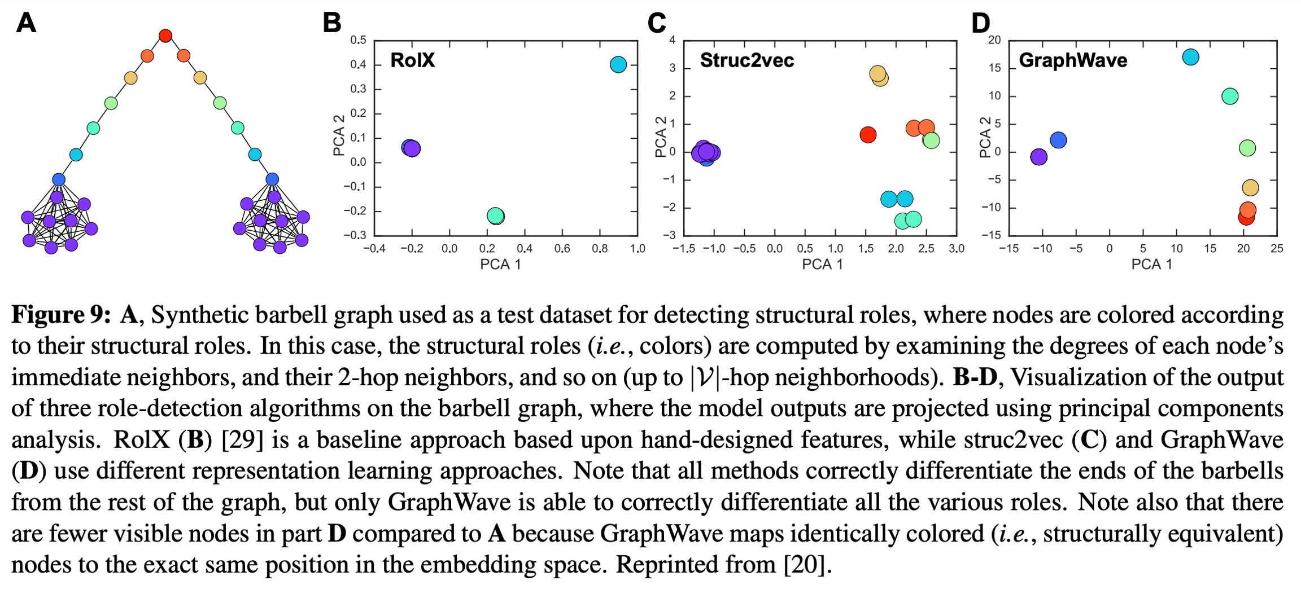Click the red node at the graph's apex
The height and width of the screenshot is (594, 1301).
pyautogui.click(x=165, y=36)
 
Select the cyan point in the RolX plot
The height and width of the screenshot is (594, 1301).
pyautogui.click(x=618, y=64)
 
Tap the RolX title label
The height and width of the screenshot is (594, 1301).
pyautogui.click(x=412, y=60)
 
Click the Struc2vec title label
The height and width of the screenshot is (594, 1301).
pyautogui.click(x=746, y=60)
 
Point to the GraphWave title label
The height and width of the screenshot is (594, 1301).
pyautogui.click(x=1073, y=60)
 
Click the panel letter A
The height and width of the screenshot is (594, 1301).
pyautogui.click(x=26, y=23)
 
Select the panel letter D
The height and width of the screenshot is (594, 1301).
pyautogui.click(x=981, y=23)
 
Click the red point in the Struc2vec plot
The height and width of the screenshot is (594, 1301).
pyautogui.click(x=868, y=135)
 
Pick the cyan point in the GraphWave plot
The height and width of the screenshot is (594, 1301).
pyautogui.click(x=1190, y=57)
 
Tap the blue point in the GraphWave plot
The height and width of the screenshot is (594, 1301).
pyautogui.click(x=1058, y=140)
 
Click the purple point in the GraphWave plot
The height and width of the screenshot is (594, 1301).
pyautogui.click(x=1038, y=157)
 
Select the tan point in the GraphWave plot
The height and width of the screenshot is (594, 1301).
pyautogui.click(x=1250, y=187)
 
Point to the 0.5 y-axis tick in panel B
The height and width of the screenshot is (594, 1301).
pyautogui.click(x=358, y=40)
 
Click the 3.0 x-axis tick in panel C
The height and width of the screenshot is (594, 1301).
pyautogui.click(x=957, y=249)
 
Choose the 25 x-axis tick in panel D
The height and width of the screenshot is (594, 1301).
pyautogui.click(x=1277, y=249)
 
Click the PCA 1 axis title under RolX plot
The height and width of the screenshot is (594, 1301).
pyautogui.click(x=500, y=264)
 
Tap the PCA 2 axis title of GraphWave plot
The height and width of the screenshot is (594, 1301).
pyautogui.click(x=985, y=137)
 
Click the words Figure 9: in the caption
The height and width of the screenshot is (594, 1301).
pyautogui.click(x=61, y=315)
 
